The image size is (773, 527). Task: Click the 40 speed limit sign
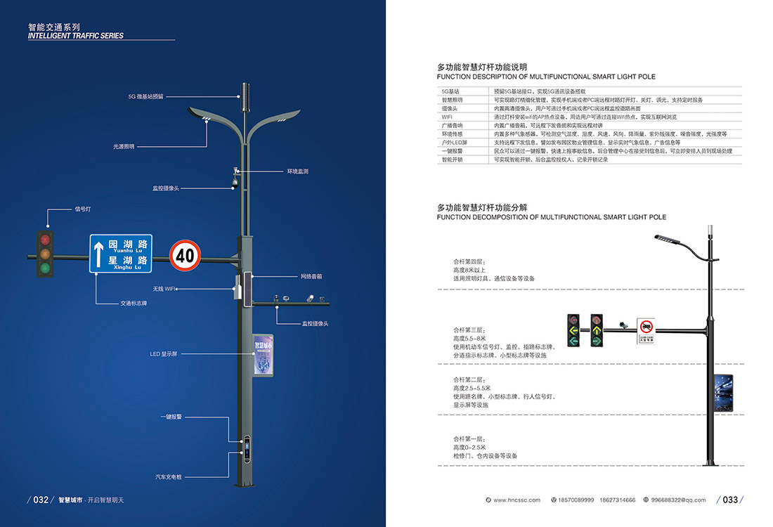pyautogui.click(x=186, y=254)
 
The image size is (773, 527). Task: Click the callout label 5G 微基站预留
pyautogui.click(x=145, y=96)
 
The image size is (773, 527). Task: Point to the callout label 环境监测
pyautogui.click(x=297, y=171)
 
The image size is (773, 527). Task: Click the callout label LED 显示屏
pyautogui.click(x=164, y=353)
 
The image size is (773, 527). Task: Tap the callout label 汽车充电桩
pyautogui.click(x=169, y=477)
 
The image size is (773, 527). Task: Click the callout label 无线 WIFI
pyautogui.click(x=164, y=289)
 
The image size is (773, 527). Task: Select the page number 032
pyautogui.click(x=41, y=500)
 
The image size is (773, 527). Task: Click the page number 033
pyautogui.click(x=730, y=500)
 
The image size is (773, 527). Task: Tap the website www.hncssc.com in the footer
pyautogui.click(x=517, y=500)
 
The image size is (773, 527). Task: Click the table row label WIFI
pyautogui.click(x=447, y=117)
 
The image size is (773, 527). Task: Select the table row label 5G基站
pyautogui.click(x=450, y=91)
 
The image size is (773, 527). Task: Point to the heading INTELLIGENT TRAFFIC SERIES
pyautogui.click(x=76, y=36)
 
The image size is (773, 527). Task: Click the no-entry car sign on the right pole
pyautogui.click(x=647, y=327)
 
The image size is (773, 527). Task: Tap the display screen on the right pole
pyautogui.click(x=722, y=392)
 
